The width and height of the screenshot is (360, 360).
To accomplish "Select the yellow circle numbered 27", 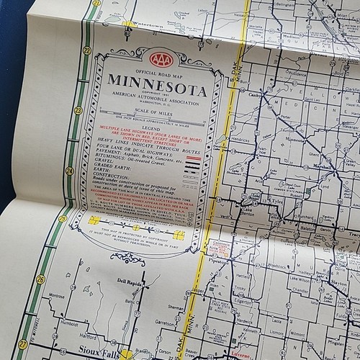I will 24,343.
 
